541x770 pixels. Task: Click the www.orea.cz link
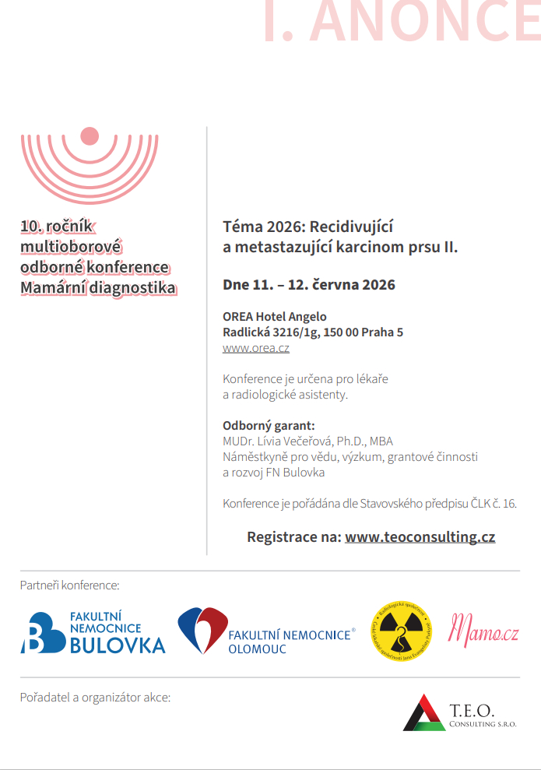tap(256, 349)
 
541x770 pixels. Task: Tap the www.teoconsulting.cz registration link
tap(420, 537)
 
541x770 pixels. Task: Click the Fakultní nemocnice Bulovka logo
tap(93, 631)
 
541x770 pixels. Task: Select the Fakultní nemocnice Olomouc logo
tap(265, 631)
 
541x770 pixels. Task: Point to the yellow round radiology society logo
tap(400, 631)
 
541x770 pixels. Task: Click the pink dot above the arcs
tap(90, 136)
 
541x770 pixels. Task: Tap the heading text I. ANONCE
tap(401, 22)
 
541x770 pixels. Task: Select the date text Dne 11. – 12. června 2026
tap(308, 285)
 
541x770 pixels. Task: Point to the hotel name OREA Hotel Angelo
tap(275, 317)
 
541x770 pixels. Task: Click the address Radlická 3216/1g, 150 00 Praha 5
tap(313, 332)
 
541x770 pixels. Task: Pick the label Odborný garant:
tap(269, 426)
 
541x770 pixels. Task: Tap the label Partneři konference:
tap(70, 585)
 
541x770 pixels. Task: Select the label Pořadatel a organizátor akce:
tap(95, 698)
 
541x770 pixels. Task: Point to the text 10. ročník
tap(57, 227)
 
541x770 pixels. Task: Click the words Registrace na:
tap(293, 537)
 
